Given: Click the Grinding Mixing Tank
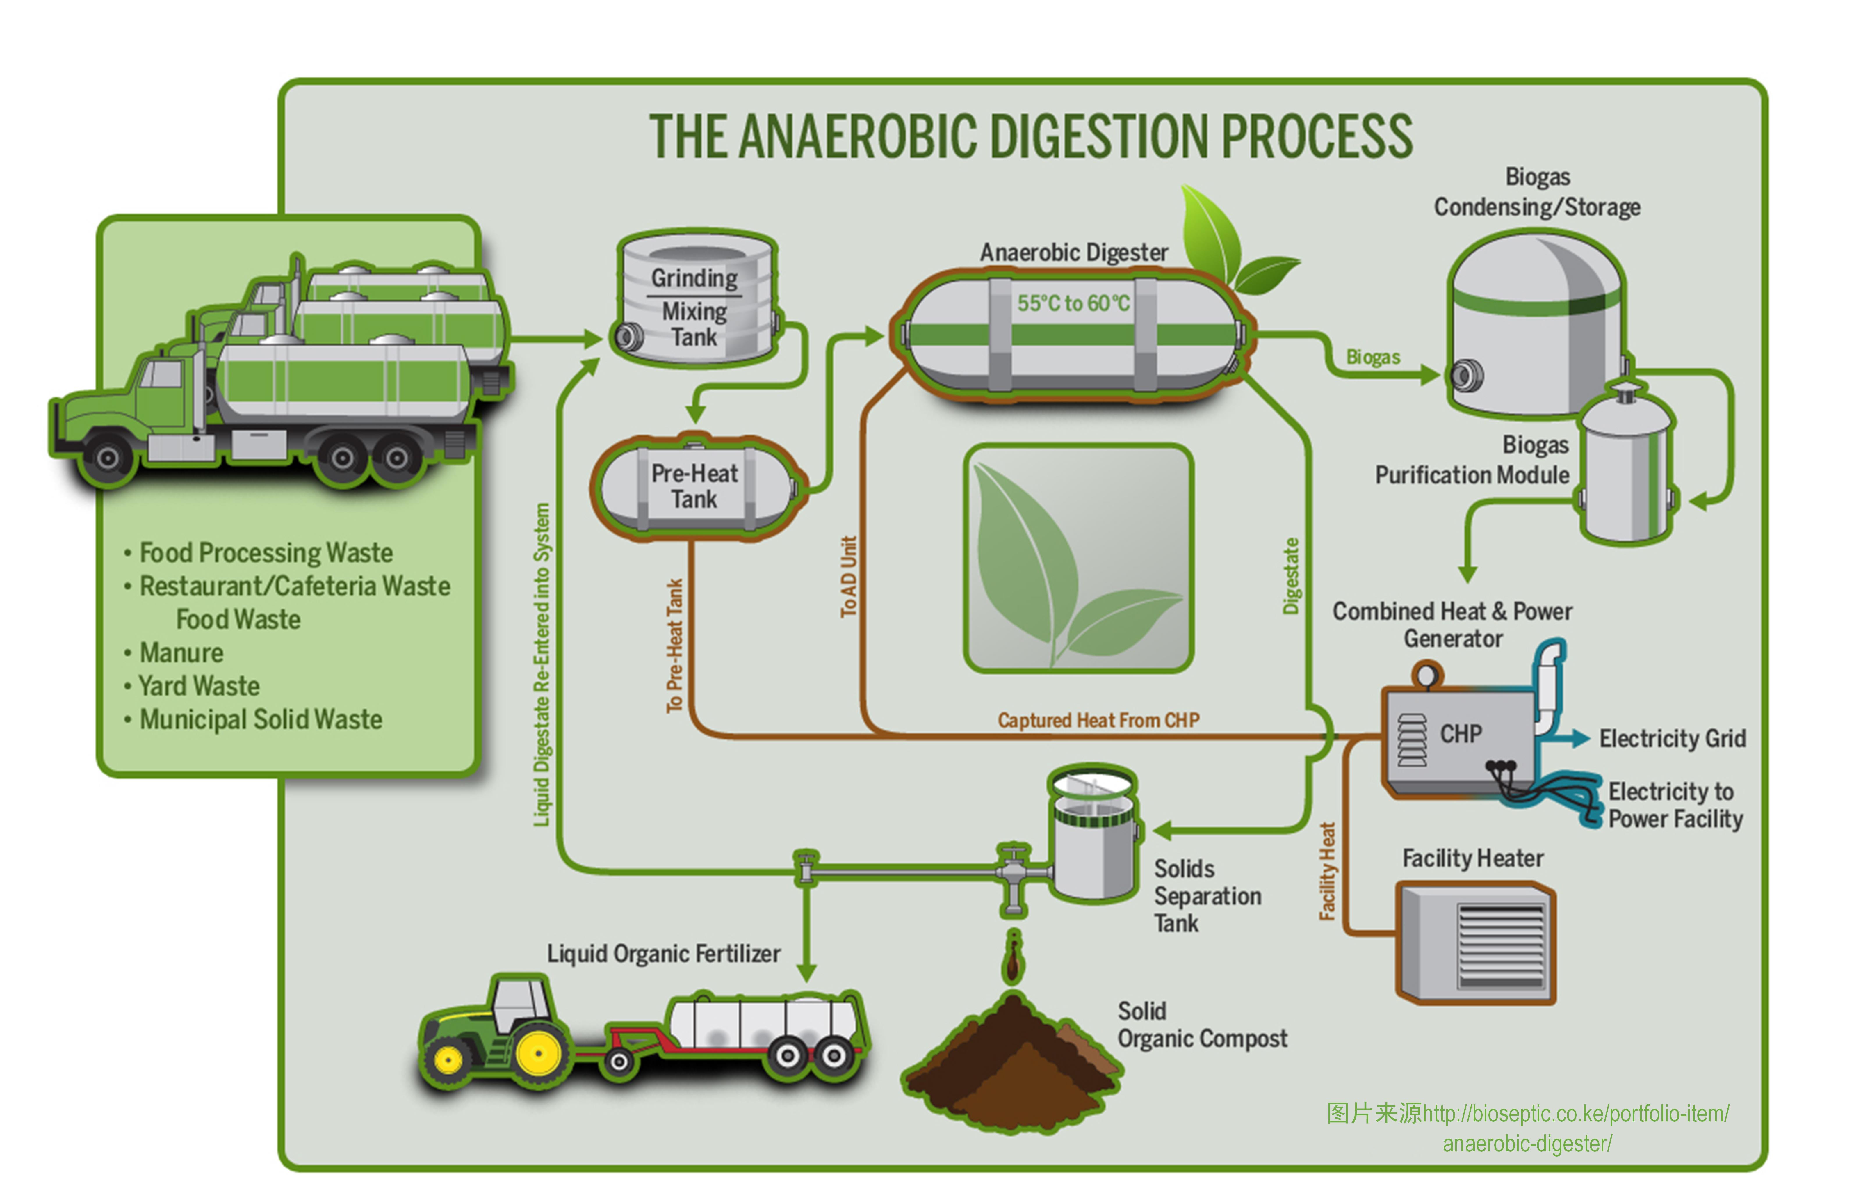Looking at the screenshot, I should tap(696, 300).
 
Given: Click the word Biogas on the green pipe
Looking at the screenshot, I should tap(1373, 357).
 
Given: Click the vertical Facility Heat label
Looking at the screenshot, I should tap(1327, 871).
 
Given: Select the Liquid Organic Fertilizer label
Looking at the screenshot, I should tap(663, 954).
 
